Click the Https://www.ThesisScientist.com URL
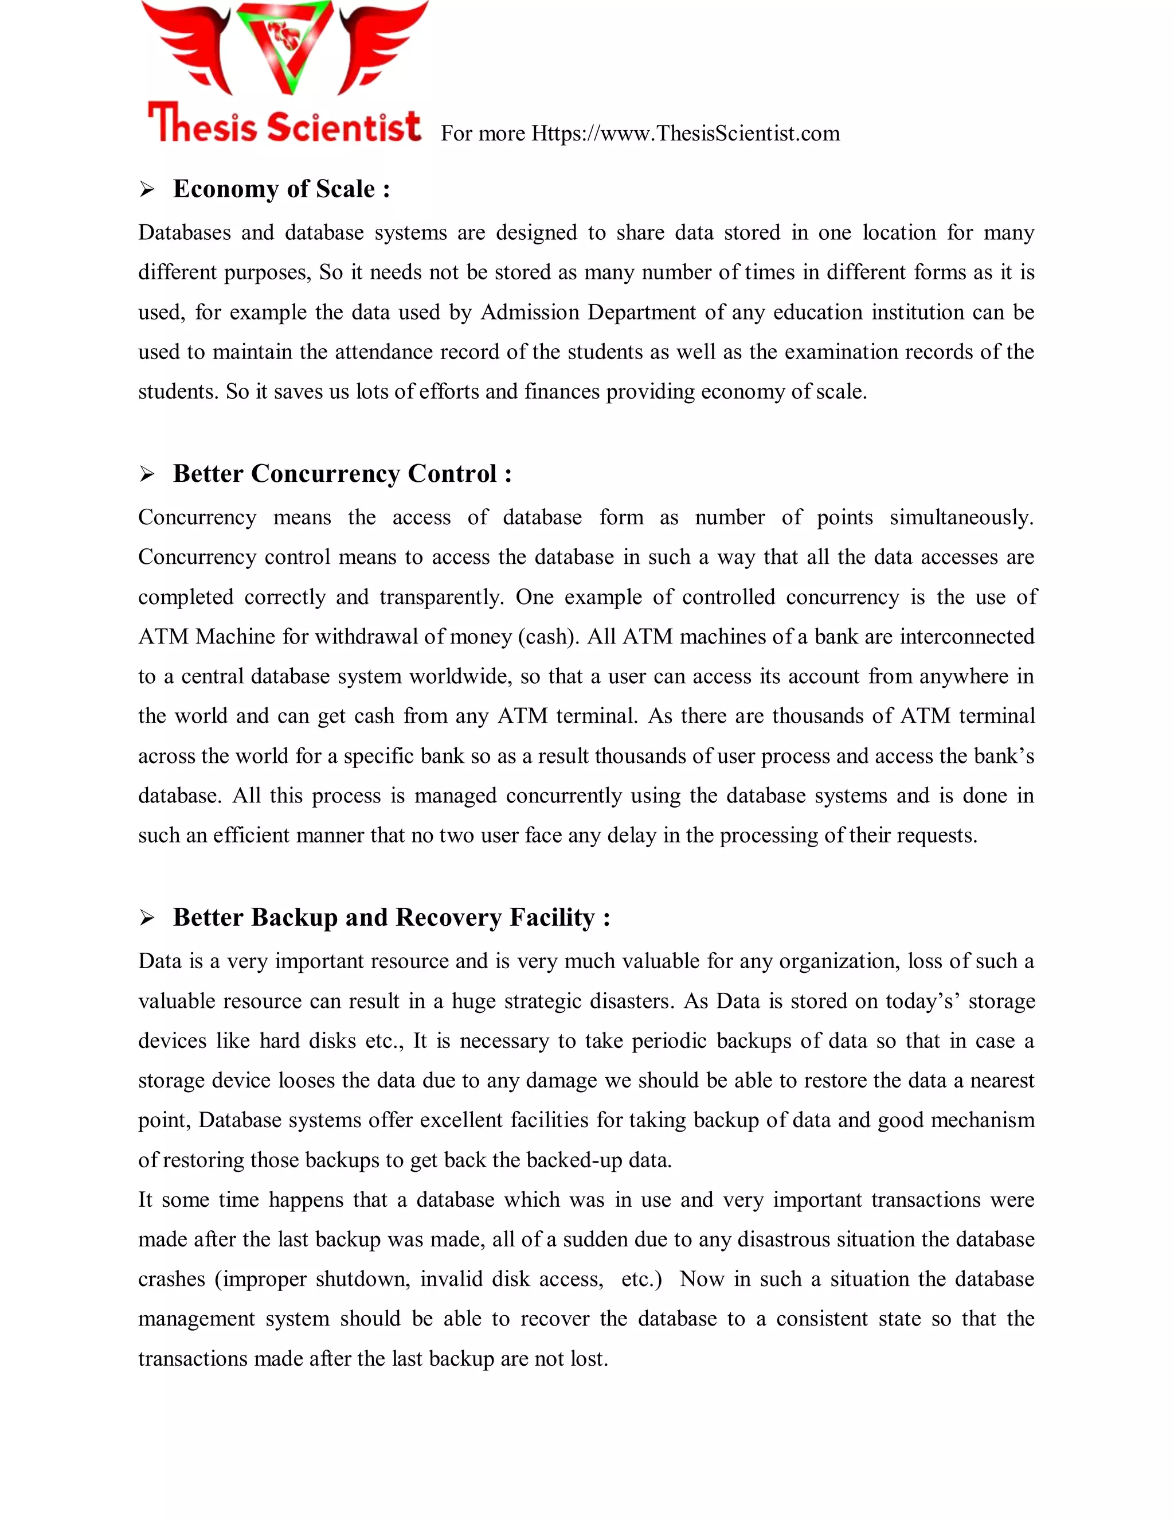685,133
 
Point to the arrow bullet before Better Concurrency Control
146,475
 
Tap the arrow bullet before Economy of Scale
146,189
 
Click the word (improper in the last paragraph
260,1279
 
